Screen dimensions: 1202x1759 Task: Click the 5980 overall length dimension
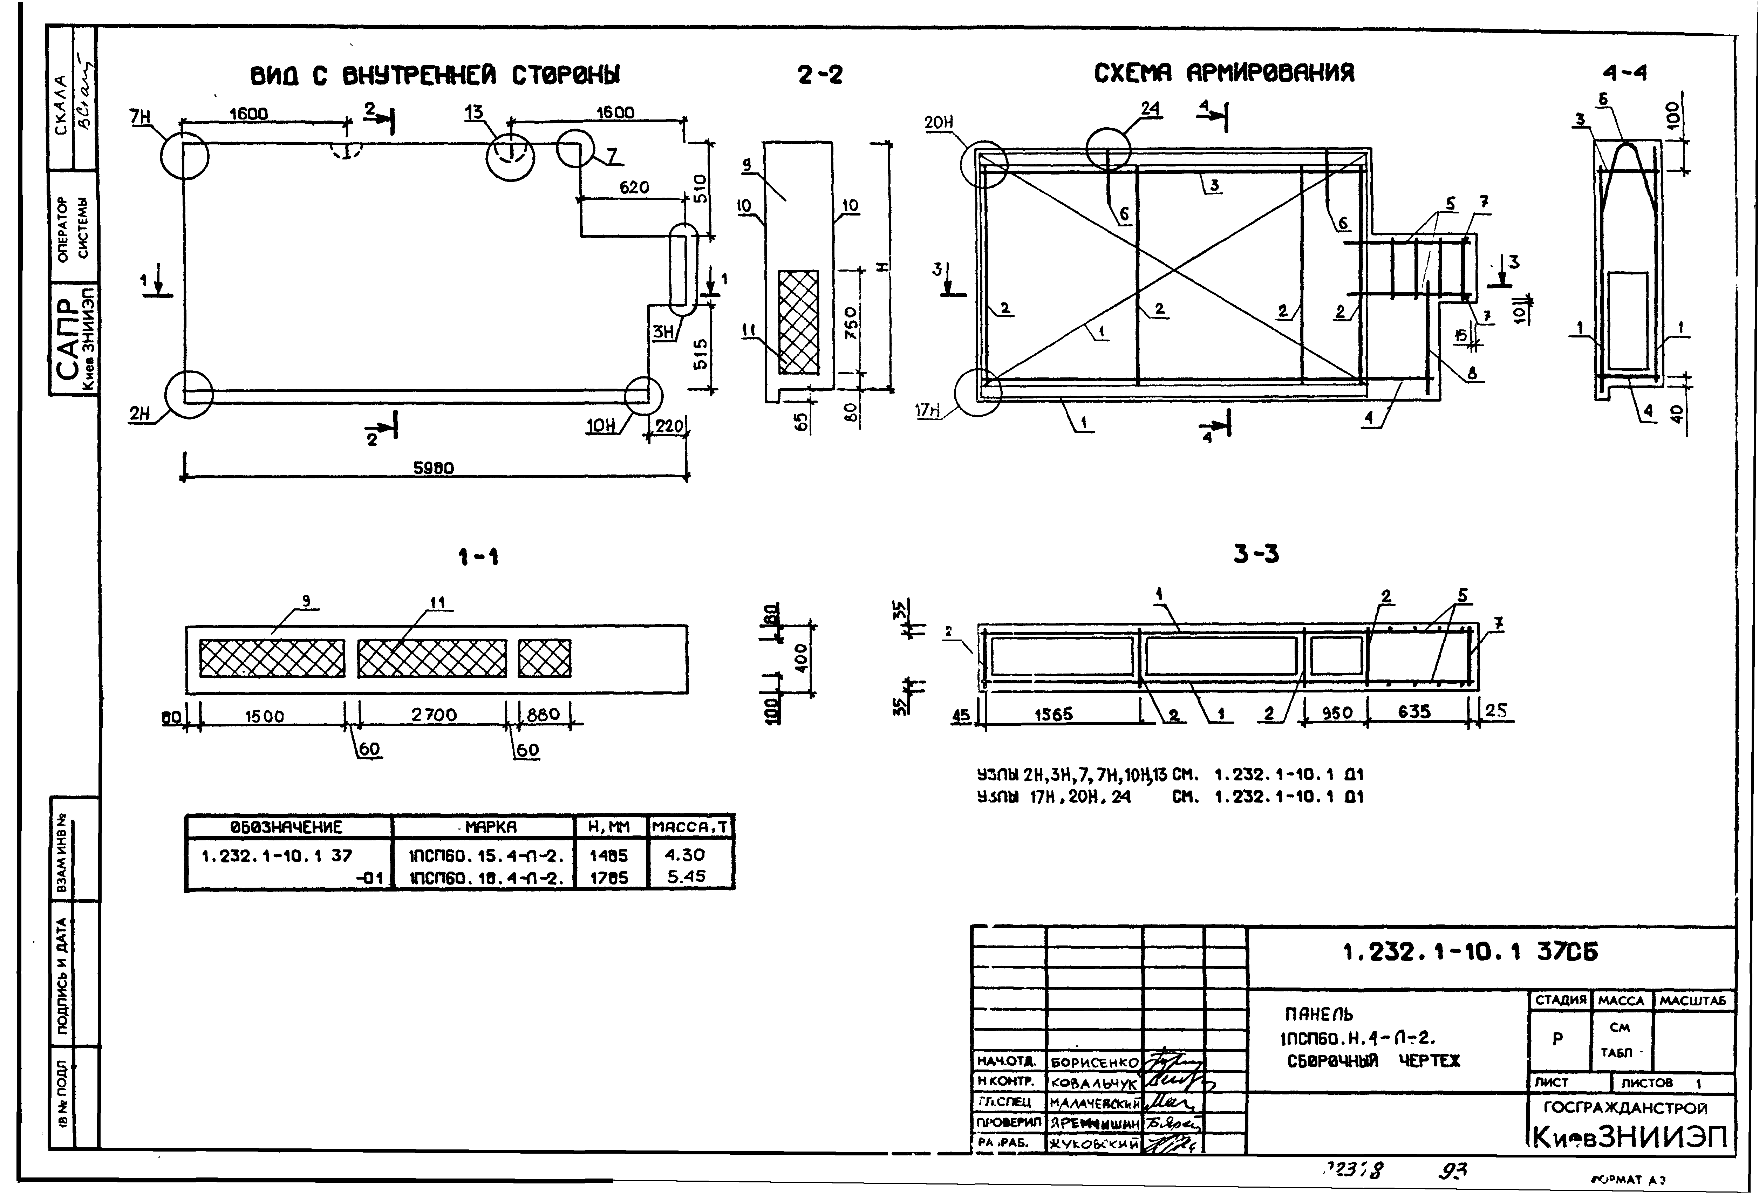pos(433,469)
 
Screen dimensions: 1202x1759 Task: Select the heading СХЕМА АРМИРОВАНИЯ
pos(1224,74)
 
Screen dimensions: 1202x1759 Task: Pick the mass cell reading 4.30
pos(685,855)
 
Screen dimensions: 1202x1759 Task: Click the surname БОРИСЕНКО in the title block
pos(1095,1063)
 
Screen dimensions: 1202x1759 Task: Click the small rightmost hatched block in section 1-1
pos(544,658)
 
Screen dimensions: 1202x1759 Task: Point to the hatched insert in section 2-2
pos(798,322)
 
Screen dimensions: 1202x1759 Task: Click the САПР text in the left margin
pos(67,338)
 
